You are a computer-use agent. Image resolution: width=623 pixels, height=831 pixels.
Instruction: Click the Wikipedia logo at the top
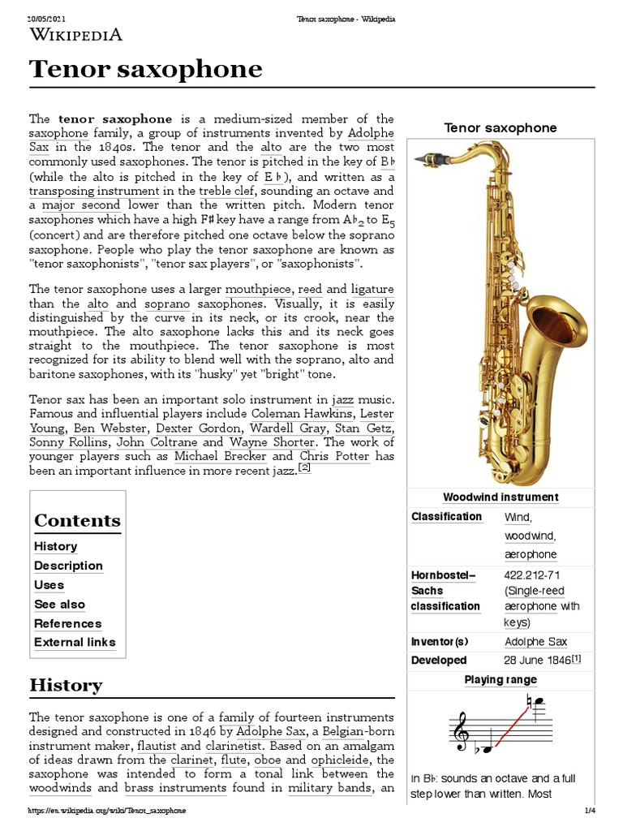coord(75,34)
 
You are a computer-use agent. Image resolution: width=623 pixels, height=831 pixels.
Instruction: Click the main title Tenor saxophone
coord(146,69)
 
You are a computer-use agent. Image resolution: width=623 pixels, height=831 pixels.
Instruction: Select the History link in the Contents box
coord(56,546)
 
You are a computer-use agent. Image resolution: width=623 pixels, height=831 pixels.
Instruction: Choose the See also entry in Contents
coord(59,604)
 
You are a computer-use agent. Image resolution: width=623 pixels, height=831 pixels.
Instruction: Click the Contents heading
coord(77,520)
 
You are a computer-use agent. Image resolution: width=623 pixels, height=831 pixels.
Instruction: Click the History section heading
coord(66,684)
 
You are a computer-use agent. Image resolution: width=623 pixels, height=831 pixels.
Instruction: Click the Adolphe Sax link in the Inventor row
coord(536,642)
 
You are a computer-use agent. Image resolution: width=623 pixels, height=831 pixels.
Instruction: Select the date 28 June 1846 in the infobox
coord(537,660)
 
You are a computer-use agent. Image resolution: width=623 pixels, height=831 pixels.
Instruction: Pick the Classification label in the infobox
coord(446,517)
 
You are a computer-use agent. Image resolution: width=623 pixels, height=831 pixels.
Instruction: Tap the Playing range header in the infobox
coord(500,680)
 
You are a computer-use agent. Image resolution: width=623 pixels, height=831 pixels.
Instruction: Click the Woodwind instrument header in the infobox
coord(500,497)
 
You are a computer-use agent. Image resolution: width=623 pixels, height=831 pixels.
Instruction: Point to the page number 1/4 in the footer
coord(590,810)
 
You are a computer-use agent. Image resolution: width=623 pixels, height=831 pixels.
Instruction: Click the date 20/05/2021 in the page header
coord(46,18)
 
